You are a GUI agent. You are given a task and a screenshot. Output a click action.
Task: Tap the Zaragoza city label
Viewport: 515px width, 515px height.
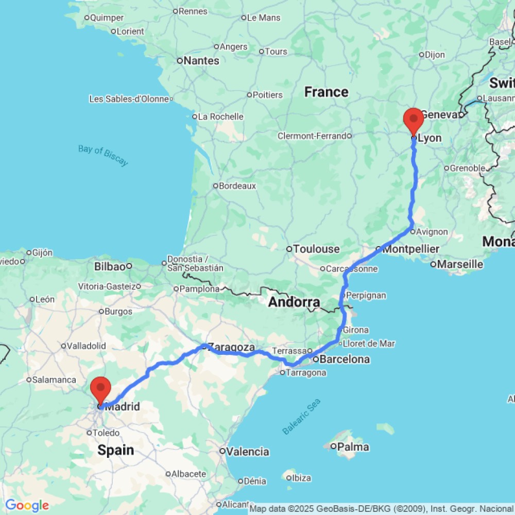pos(232,348)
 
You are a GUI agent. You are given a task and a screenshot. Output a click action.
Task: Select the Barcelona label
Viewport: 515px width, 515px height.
pos(345,359)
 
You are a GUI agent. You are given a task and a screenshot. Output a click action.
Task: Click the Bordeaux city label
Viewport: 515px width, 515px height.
pos(238,186)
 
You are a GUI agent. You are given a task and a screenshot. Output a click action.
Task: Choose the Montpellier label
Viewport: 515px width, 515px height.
pos(411,249)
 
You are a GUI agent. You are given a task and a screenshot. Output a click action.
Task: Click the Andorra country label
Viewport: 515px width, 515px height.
pos(294,302)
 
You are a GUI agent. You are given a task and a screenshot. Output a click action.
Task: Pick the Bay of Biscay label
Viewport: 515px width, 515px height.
pos(103,156)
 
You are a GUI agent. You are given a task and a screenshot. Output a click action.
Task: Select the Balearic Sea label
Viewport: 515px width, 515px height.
pos(301,417)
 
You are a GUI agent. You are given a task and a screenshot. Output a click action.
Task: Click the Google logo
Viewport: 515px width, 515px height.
pos(27,506)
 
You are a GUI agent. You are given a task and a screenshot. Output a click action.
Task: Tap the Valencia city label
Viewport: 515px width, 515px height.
pos(248,452)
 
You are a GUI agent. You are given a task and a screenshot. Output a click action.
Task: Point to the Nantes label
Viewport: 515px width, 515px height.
pos(201,61)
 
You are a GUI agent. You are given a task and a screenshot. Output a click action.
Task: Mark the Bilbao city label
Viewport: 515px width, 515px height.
pos(110,266)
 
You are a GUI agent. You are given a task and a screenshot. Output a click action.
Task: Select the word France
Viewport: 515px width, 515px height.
pos(326,92)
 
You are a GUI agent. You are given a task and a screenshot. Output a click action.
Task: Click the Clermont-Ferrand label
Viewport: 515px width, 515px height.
pos(312,136)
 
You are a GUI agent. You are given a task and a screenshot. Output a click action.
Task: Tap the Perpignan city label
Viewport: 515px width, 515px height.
pos(367,296)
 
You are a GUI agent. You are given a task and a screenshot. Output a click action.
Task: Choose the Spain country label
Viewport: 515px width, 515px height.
pos(116,451)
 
